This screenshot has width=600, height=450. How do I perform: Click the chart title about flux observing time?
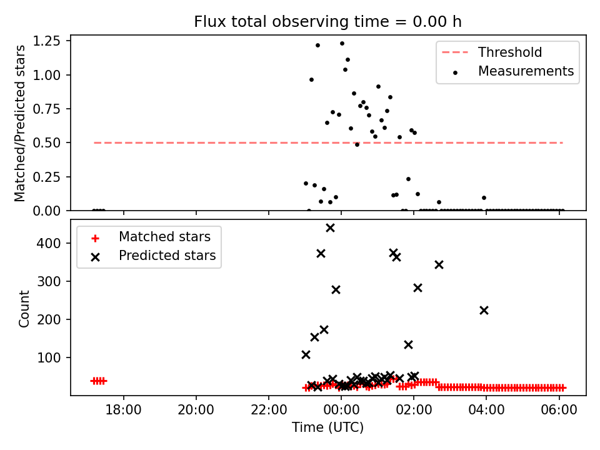click(x=327, y=21)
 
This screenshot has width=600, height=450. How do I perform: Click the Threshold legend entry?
click(x=510, y=52)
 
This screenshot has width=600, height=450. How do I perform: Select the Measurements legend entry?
click(x=526, y=71)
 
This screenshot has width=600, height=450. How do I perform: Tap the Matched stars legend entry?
click(x=164, y=237)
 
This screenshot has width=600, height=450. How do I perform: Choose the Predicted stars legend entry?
click(x=167, y=256)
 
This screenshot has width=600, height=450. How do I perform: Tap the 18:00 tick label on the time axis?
click(x=124, y=412)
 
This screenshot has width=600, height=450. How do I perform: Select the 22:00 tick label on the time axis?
click(x=269, y=412)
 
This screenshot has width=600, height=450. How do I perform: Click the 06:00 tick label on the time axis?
click(x=559, y=412)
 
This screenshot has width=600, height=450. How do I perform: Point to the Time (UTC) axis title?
click(x=327, y=428)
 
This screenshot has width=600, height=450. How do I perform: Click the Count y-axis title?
click(x=24, y=308)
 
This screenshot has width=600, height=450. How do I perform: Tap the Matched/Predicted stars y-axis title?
click(x=20, y=123)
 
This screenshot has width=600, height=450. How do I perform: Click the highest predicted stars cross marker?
click(x=330, y=228)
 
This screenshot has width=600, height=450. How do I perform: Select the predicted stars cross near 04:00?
click(x=484, y=310)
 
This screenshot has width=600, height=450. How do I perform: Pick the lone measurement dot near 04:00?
click(x=484, y=197)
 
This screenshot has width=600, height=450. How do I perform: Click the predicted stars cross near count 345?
click(x=439, y=264)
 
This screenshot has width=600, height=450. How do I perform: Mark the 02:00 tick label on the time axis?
click(x=414, y=412)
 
